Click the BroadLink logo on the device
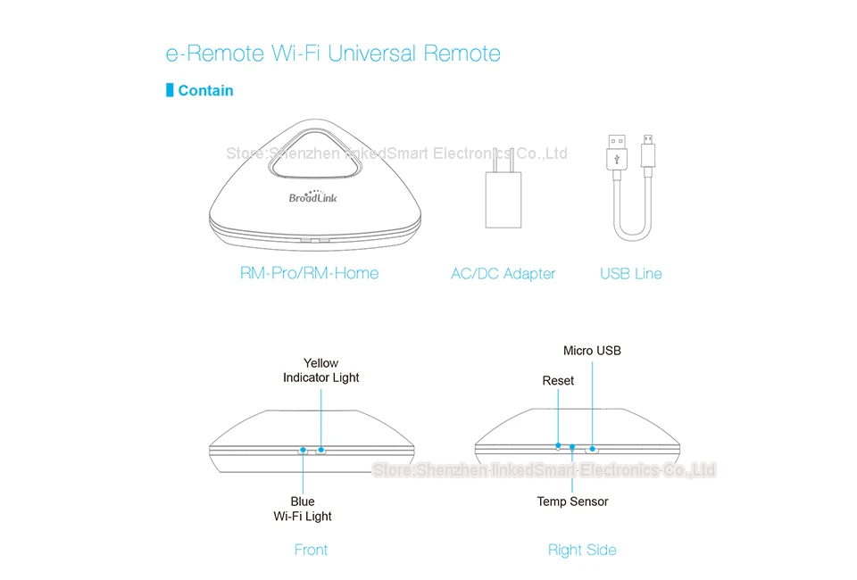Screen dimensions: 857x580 click(x=312, y=196)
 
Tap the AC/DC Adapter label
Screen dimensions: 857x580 click(x=503, y=274)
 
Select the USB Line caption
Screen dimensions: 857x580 click(x=631, y=274)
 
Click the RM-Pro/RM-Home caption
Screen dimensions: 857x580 click(x=310, y=274)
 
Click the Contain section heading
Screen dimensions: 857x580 click(x=205, y=90)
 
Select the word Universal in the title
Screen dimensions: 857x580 click(x=371, y=54)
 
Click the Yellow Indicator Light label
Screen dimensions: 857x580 click(x=320, y=370)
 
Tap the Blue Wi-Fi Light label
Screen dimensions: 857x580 click(x=303, y=509)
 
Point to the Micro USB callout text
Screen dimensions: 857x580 click(x=592, y=351)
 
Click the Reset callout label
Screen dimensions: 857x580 click(x=558, y=381)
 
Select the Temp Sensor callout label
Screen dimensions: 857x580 click(x=572, y=501)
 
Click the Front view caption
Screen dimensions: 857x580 click(x=311, y=550)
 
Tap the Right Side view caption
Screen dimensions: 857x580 click(x=582, y=550)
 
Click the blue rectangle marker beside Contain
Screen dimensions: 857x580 click(x=170, y=90)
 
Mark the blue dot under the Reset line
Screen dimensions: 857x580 click(x=559, y=444)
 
